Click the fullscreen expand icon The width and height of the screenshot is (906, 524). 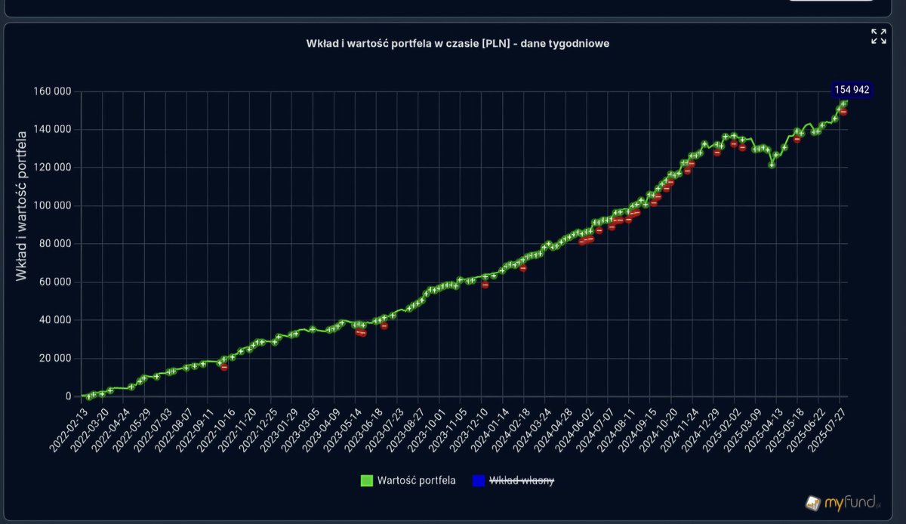pyautogui.click(x=878, y=36)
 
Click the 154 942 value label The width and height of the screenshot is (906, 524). pyautogui.click(x=852, y=90)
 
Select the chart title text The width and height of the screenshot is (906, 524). pyautogui.click(x=458, y=44)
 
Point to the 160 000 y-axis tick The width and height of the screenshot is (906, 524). pyautogui.click(x=53, y=91)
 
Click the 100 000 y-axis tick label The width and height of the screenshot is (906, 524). pyautogui.click(x=53, y=205)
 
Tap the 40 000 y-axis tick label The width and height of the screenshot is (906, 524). pyautogui.click(x=55, y=320)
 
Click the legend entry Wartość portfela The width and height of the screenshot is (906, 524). pyautogui.click(x=416, y=480)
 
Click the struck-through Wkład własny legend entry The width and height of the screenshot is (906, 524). pyautogui.click(x=522, y=480)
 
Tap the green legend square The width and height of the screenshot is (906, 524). pyautogui.click(x=367, y=480)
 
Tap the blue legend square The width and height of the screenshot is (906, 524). pyautogui.click(x=478, y=480)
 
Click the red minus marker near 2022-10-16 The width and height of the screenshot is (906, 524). pyautogui.click(x=224, y=367)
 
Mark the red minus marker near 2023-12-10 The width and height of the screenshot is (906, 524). pyautogui.click(x=485, y=285)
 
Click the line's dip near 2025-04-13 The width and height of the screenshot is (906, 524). pyautogui.click(x=772, y=165)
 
